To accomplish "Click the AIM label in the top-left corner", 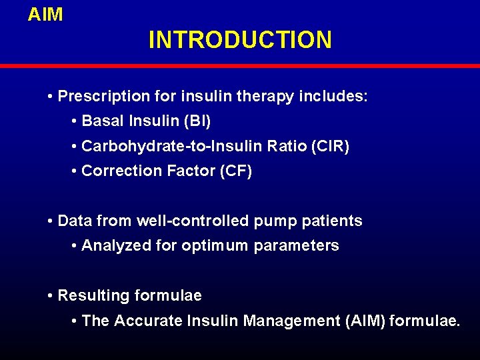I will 45,15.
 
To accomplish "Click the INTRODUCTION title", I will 240,40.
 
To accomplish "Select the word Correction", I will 118,171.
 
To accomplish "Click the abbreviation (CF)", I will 235,171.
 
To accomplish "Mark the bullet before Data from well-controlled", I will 51,221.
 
